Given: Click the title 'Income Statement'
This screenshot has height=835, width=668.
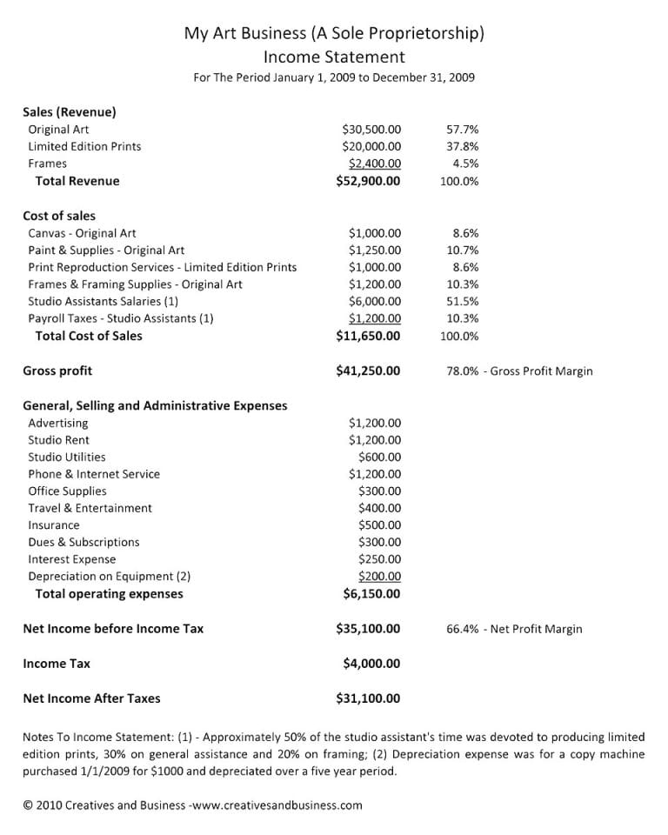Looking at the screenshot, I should point(334,57).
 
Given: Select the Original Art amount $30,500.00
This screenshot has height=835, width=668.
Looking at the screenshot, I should point(371,130).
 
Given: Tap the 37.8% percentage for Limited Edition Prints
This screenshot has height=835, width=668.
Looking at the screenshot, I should point(462,147).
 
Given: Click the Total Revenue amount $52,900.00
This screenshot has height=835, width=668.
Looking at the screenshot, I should point(368,181).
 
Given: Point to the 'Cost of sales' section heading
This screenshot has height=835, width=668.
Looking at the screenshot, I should point(59,216).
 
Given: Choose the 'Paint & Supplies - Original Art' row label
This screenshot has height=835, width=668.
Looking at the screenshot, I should point(106,250).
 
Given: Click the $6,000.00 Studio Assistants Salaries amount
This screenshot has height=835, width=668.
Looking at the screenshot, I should point(375,302).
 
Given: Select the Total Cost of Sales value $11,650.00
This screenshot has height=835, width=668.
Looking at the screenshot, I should point(368,336).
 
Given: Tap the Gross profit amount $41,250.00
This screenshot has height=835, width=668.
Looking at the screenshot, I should point(368,371).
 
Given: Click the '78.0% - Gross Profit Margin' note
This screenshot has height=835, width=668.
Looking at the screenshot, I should point(519,371).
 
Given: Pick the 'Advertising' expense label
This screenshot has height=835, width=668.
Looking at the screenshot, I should point(58,423).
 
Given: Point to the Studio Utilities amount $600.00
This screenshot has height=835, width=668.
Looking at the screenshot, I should point(379,457).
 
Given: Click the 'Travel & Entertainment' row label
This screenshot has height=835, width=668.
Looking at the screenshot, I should point(90,508).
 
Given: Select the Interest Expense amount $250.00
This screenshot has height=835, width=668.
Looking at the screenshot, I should point(379,559).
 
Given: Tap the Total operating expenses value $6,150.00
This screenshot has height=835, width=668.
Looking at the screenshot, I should point(371,594).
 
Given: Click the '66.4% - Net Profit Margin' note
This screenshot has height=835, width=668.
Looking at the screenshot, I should point(514,629).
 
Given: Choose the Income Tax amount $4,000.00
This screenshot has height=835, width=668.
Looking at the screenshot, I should point(371,664).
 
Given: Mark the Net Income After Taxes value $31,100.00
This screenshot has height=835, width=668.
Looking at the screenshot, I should point(368,698).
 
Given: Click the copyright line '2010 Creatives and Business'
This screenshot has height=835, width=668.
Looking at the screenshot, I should point(192,805).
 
